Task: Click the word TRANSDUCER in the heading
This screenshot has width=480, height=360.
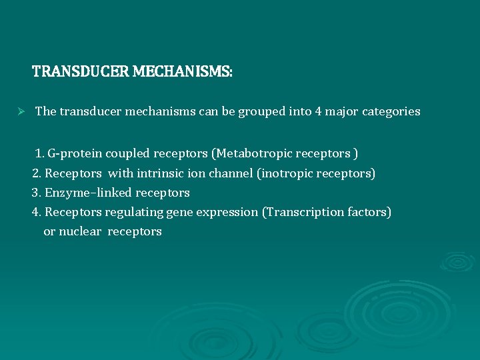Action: point(81,71)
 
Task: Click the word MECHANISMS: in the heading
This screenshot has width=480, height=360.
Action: point(183,71)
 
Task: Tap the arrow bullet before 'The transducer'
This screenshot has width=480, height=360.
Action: point(21,111)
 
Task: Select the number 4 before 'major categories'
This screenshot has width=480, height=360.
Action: point(318,111)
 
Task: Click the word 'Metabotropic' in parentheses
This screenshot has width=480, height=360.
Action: point(249,154)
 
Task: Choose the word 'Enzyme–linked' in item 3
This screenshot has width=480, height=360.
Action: point(89,193)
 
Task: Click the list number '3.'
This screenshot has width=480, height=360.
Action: point(37,193)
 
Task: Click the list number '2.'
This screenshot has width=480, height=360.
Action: point(37,173)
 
